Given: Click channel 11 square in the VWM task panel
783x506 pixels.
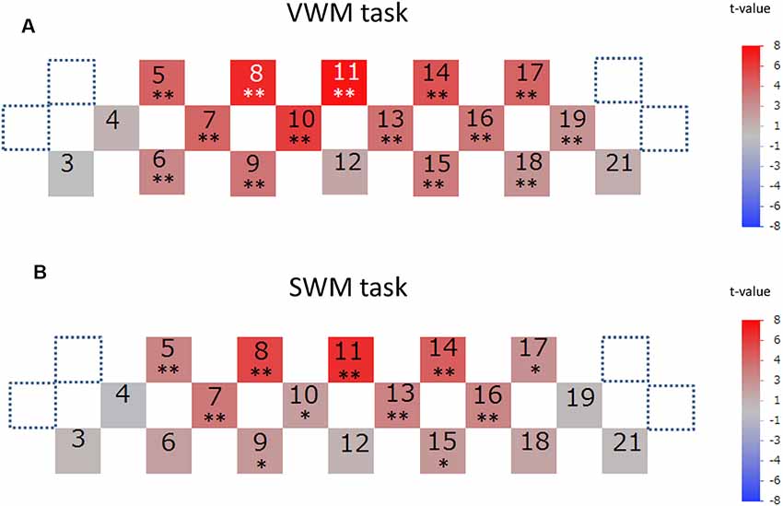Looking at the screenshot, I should (x=345, y=82).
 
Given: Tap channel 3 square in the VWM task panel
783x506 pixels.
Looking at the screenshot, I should (x=70, y=172).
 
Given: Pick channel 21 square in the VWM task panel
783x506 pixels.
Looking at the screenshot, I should (x=618, y=172).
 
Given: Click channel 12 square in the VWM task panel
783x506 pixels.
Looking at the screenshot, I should (x=345, y=172).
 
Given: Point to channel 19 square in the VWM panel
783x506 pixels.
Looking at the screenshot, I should (x=573, y=127).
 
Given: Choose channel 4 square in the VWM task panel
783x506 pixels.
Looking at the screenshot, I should (x=117, y=127).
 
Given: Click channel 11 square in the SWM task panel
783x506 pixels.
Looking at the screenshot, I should (x=352, y=360).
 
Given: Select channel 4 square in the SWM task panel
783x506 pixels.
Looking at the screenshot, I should (x=123, y=405).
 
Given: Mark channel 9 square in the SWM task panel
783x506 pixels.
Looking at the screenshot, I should (x=261, y=450).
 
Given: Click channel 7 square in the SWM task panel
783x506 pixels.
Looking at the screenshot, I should (x=215, y=405).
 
